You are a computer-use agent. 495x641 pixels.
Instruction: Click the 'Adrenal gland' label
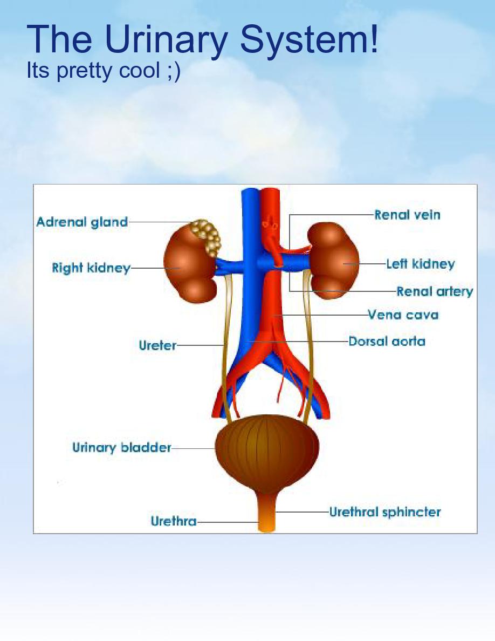pos(82,222)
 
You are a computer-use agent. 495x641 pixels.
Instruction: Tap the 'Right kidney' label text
pos(91,268)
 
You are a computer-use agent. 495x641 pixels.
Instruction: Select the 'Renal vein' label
pos(407,215)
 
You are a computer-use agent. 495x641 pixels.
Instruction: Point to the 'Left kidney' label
pos(420,264)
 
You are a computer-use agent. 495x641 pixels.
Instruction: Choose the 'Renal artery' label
pos(435,292)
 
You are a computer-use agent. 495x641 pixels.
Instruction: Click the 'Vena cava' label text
pos(403,315)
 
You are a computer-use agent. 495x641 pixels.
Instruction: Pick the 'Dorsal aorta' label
pos(387,342)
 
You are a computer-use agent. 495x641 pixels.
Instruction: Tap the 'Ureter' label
pos(157,345)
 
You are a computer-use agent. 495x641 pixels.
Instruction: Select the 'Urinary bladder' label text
pos(122,447)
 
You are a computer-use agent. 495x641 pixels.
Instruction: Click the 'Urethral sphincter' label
pos(385,512)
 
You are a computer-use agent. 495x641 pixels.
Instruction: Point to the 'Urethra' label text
pos(174,522)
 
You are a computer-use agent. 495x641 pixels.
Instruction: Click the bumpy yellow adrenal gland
pos(207,236)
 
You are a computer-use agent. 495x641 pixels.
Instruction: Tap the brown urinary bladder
pos(267,451)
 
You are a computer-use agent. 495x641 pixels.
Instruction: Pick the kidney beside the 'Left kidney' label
pos(334,262)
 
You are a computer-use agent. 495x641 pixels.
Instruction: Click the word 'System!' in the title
pos(309,39)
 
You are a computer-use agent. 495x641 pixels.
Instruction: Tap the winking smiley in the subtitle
pos(173,71)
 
